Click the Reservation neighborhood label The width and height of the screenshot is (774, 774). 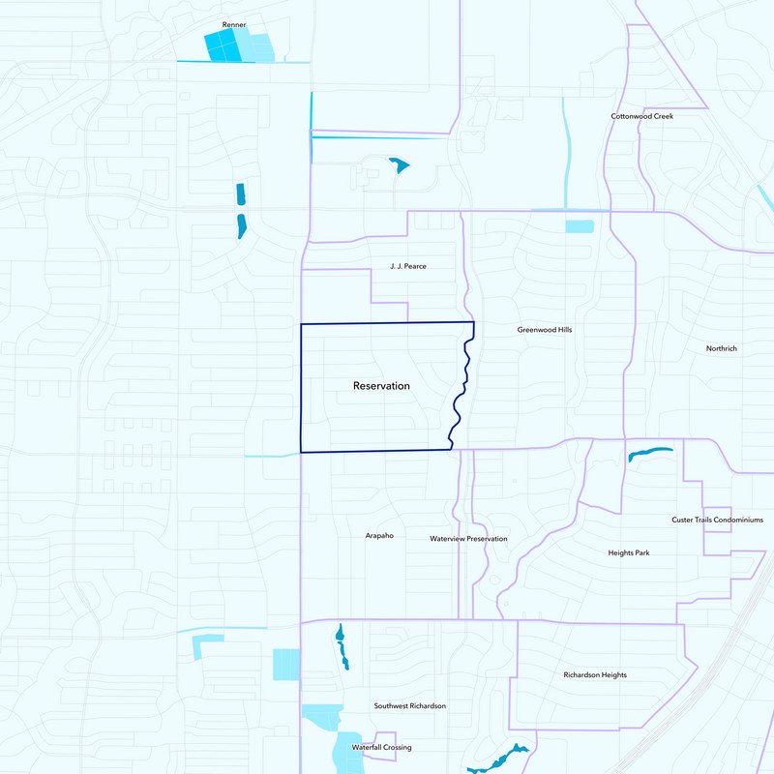tap(381, 385)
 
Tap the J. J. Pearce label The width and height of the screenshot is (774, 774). tap(407, 266)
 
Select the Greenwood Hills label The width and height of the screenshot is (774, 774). tap(545, 330)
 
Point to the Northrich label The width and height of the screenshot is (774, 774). tap(722, 348)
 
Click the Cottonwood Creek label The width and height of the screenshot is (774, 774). tap(641, 116)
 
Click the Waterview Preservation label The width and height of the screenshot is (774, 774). tap(468, 539)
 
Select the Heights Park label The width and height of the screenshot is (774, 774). tap(628, 552)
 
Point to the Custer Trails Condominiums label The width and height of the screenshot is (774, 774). tap(717, 520)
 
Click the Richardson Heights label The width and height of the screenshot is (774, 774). tap(595, 674)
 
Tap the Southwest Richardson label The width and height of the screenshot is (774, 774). tap(410, 706)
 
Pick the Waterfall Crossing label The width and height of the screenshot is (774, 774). tap(381, 748)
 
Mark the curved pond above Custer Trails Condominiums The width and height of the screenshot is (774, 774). tap(649, 453)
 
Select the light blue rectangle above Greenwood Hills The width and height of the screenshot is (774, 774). tap(580, 226)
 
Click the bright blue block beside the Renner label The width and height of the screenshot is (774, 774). tap(221, 46)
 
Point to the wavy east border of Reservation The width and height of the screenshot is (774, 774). tap(461, 387)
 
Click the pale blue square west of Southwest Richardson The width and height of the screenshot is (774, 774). tap(286, 664)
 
